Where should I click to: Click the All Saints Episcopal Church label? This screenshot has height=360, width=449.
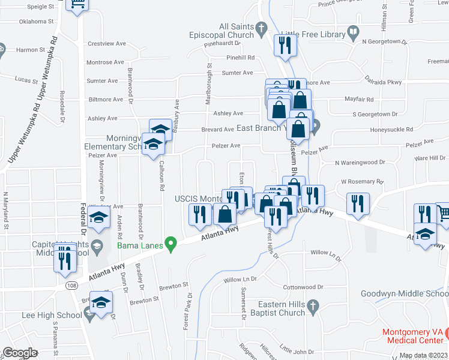(237, 31)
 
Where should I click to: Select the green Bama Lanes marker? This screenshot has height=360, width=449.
(171, 243)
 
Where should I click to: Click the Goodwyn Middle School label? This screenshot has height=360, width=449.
(404, 293)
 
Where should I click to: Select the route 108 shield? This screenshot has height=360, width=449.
(71, 286)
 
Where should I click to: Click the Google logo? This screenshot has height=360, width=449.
(20, 353)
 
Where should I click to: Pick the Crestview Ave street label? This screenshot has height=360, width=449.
(107, 44)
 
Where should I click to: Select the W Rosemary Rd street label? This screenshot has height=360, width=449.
(362, 181)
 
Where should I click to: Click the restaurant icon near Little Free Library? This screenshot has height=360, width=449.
(283, 45)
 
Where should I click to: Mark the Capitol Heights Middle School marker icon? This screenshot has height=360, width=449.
(96, 244)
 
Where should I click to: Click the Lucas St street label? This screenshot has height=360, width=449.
(27, 80)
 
